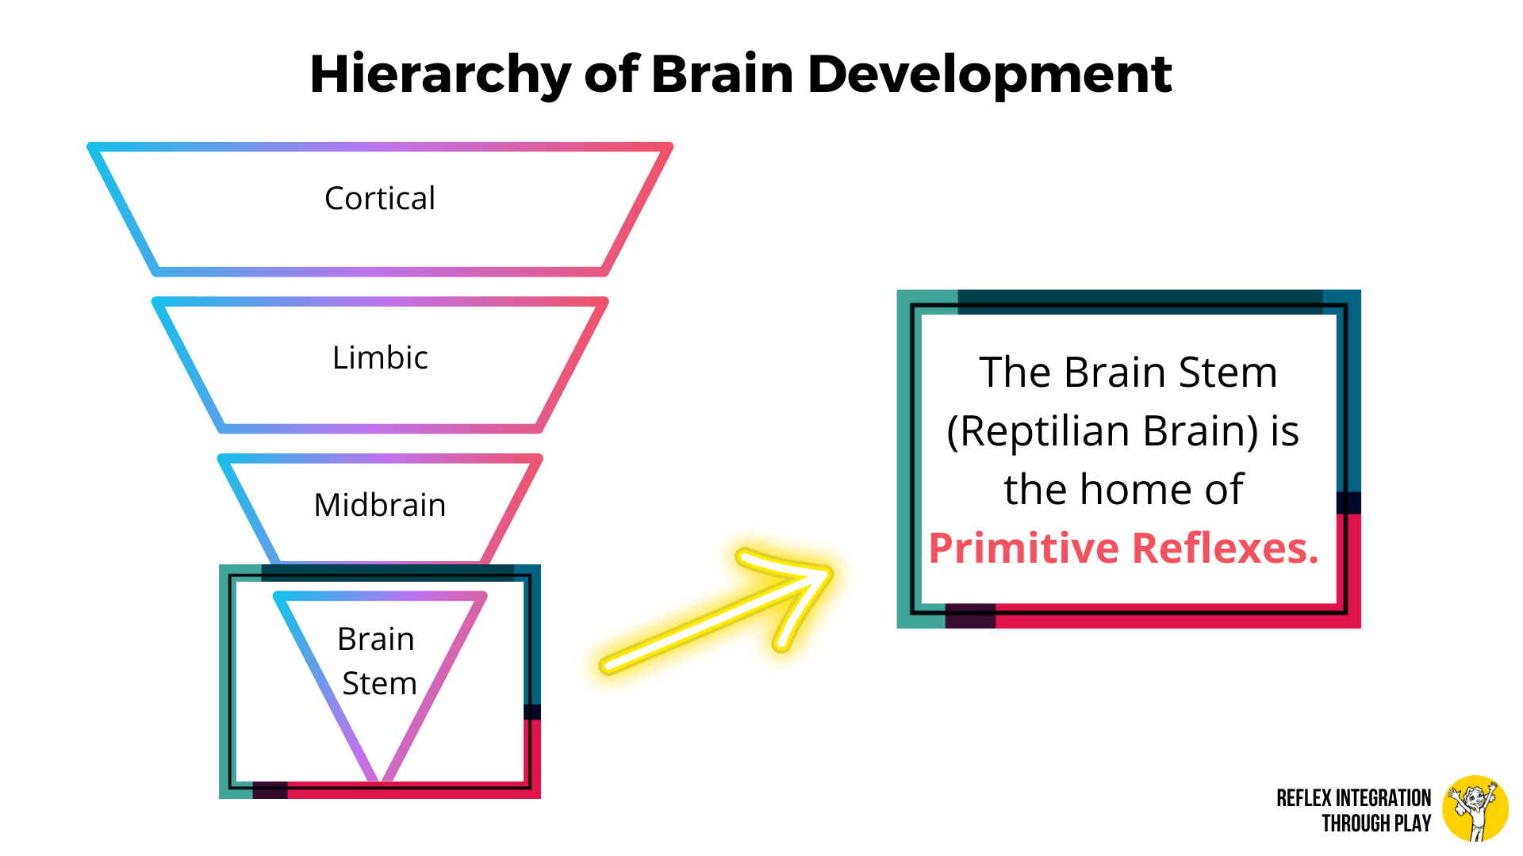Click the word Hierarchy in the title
click(440, 75)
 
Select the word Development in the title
click(989, 75)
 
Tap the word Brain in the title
click(722, 74)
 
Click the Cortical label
click(380, 198)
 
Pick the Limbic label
click(380, 357)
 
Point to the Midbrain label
click(380, 505)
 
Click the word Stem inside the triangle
click(379, 683)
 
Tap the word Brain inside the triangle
click(376, 639)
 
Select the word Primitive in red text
click(1024, 548)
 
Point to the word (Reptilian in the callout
click(1038, 432)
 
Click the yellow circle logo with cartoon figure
click(1475, 808)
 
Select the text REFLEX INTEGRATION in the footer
click(1354, 798)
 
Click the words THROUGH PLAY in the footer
click(1376, 824)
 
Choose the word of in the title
click(611, 74)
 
